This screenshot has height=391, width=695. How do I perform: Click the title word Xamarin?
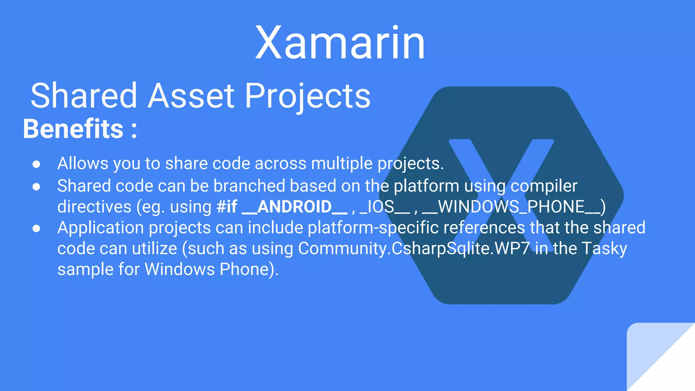pos(340,43)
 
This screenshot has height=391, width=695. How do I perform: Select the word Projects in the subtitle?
pos(307,97)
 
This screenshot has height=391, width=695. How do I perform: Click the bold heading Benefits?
pos(73,129)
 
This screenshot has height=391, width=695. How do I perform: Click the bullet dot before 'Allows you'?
pos(36,164)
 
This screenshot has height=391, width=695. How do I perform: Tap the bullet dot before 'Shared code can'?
pos(36,187)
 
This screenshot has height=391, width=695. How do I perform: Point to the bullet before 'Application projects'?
pos(36,228)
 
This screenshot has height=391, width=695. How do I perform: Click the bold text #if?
pos(227,207)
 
